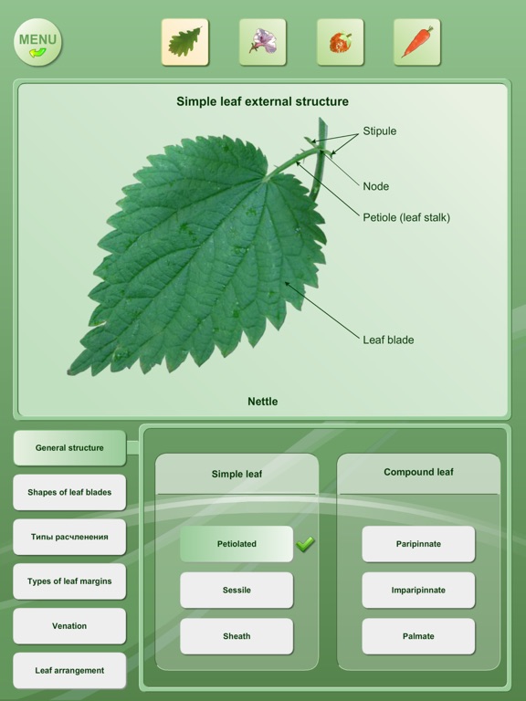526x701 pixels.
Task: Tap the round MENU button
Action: tap(38, 43)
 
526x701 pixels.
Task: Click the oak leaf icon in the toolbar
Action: tap(184, 42)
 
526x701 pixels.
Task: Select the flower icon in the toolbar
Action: tap(263, 42)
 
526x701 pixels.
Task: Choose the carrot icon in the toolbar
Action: tap(416, 42)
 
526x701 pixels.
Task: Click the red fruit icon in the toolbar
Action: tap(340, 42)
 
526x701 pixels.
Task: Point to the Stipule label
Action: tap(379, 131)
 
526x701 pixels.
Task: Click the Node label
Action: tap(375, 186)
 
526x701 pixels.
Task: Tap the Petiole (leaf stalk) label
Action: tap(406, 218)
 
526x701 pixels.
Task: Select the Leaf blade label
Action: tap(388, 340)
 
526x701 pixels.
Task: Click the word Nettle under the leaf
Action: tap(263, 402)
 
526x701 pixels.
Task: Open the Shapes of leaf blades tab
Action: tap(69, 492)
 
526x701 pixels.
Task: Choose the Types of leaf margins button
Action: tap(69, 581)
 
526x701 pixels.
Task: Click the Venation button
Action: tap(69, 626)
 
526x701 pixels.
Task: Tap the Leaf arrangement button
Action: tap(69, 670)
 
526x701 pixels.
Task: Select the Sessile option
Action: tap(237, 591)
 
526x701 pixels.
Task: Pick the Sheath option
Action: tap(237, 636)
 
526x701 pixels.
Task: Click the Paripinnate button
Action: tap(418, 544)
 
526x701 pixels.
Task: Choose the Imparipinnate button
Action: tap(418, 591)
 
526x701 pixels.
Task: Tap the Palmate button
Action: tap(418, 636)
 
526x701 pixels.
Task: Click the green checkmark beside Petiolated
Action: tap(305, 544)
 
